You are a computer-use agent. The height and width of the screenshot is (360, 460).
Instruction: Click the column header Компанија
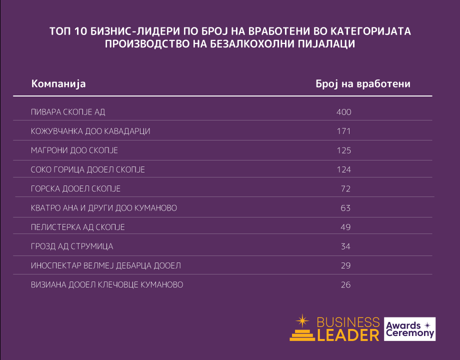point(58,83)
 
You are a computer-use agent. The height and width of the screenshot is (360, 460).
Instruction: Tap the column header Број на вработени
point(363,83)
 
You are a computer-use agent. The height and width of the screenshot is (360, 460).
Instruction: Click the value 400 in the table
point(344,112)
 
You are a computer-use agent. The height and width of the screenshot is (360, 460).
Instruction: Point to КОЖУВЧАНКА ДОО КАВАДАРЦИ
point(90,131)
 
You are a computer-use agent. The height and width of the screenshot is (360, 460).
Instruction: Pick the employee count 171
point(344,131)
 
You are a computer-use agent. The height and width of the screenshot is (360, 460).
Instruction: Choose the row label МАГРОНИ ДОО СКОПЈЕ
point(74,150)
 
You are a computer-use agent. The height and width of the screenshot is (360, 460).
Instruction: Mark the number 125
point(344,150)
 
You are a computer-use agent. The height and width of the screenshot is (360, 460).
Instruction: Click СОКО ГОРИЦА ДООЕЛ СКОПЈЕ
point(88,170)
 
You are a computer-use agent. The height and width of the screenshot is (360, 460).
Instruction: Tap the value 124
point(344,170)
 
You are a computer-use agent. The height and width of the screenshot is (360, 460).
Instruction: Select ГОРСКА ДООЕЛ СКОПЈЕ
point(75,189)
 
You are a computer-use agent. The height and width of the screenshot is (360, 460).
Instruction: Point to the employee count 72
point(345,189)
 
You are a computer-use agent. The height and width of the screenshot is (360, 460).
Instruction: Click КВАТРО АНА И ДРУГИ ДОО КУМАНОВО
point(104,208)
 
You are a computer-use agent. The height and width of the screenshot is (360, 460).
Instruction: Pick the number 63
point(345,208)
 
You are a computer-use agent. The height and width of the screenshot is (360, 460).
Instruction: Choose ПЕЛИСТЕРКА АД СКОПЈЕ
point(78,227)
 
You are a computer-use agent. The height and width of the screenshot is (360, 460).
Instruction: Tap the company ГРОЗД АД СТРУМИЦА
point(72,246)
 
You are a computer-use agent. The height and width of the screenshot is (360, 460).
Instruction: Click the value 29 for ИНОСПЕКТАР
point(345,265)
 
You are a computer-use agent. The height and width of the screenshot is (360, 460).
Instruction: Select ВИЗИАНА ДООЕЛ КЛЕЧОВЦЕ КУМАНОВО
point(107,285)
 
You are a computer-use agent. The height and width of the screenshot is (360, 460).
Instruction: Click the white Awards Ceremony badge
point(409,329)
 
